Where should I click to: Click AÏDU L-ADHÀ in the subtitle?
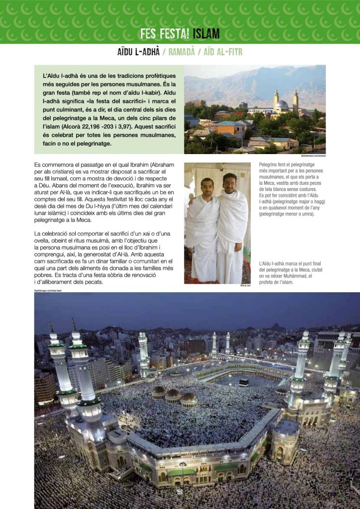(x=138, y=52)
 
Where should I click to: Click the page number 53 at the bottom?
(x=180, y=492)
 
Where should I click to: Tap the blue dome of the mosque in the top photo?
(x=282, y=104)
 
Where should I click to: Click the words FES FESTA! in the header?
(x=164, y=34)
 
